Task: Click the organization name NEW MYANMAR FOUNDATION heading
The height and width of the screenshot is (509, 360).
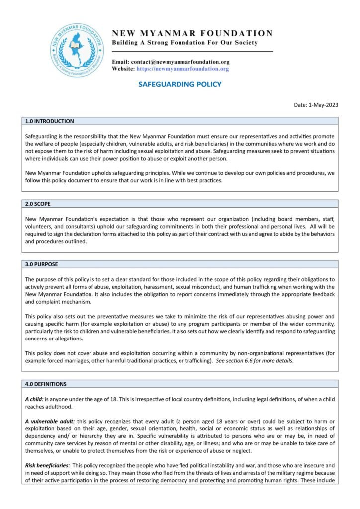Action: coord(192,33)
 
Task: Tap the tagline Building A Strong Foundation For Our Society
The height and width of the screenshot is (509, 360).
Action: coord(184,43)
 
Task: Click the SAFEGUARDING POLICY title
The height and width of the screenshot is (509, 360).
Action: coord(180,85)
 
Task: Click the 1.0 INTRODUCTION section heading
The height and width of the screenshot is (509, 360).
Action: coord(49,121)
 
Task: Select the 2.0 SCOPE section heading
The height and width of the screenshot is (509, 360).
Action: coord(38,204)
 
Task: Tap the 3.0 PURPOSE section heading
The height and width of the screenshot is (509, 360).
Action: coord(42,264)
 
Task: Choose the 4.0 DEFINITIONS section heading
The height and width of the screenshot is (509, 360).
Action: coord(46,384)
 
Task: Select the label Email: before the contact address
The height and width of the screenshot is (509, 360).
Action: coord(120,62)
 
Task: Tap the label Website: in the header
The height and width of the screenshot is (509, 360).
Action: coord(123,69)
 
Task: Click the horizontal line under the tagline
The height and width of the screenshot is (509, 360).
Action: coord(192,52)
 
